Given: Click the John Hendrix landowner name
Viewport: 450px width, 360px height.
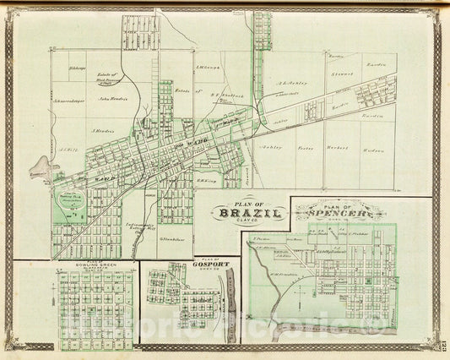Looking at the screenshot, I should (x=112, y=98).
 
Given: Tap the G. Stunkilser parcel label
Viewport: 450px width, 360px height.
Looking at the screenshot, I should (x=171, y=237).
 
